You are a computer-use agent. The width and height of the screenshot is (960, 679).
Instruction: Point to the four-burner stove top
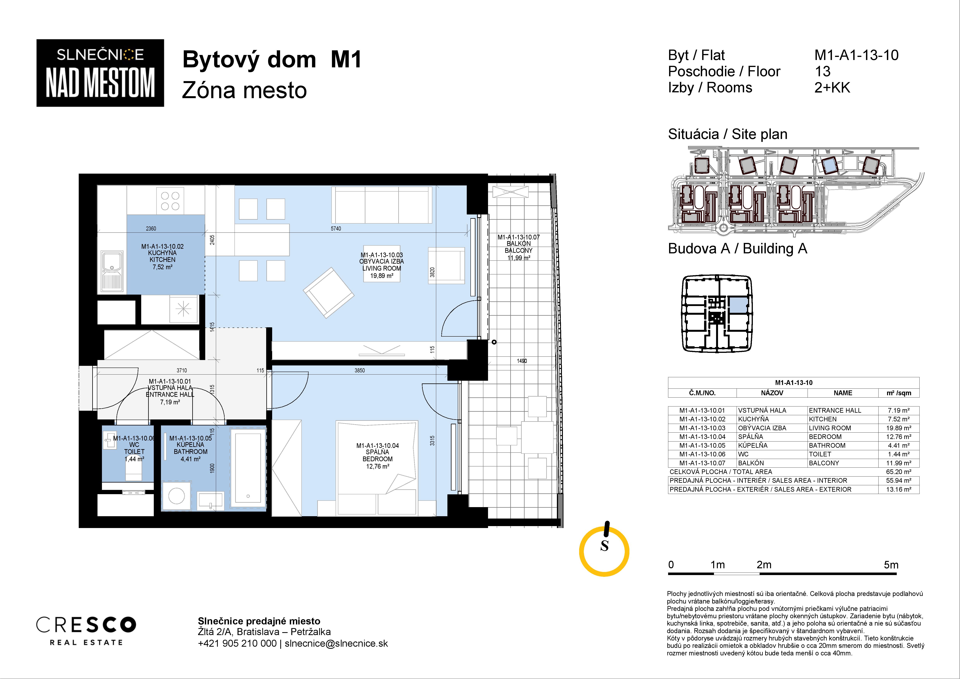tap(170, 201)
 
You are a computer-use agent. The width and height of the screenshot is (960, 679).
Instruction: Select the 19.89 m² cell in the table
tap(898, 428)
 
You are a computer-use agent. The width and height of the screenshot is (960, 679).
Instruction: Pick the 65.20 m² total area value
tap(898, 472)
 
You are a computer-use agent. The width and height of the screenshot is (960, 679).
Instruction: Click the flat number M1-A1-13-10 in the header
tap(856, 55)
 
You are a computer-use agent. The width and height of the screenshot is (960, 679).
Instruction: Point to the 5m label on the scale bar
tap(891, 565)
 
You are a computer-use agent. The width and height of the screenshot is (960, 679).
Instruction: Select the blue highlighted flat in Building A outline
tap(739, 305)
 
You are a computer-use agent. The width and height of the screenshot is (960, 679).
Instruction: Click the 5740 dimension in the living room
tap(336, 229)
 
